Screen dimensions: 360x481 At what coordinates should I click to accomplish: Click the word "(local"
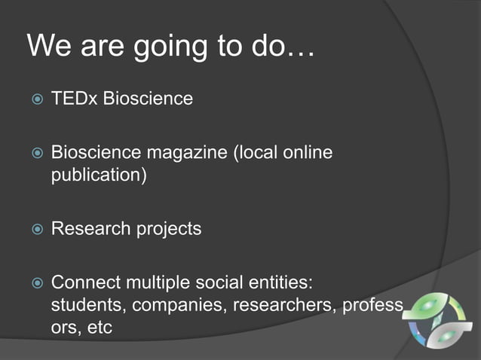pyautogui.click(x=258, y=153)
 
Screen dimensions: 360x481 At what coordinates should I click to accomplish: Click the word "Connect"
pyautogui.click(x=81, y=283)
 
